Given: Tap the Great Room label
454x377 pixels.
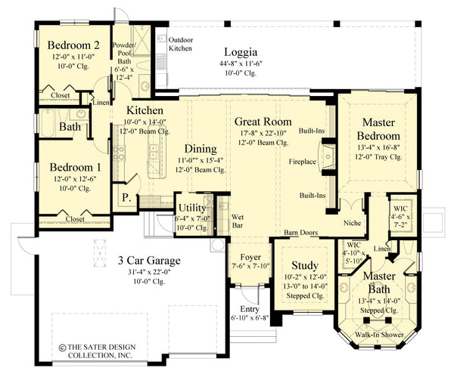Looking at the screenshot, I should click(263, 121).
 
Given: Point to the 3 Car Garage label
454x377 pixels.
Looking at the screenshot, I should click(148, 261).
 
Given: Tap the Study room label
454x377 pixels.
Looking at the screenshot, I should click(304, 266).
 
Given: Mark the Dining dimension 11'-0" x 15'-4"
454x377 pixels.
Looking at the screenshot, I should click(199, 161).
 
